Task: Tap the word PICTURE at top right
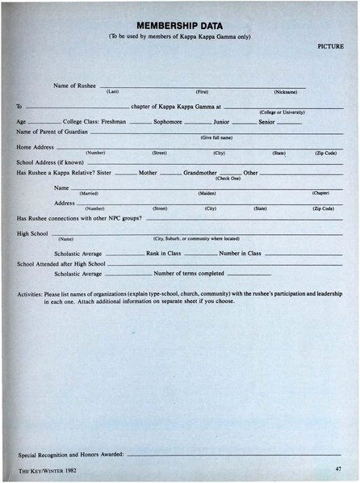tap(330, 47)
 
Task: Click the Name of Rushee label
tap(74, 85)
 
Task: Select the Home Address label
tap(36, 147)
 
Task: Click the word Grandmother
tap(200, 172)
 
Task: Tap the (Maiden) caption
tap(207, 193)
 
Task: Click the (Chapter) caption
tap(320, 193)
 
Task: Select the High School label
tap(33, 233)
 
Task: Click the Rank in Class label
tap(163, 254)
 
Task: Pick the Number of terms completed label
tap(189, 273)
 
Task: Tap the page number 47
tap(337, 468)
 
